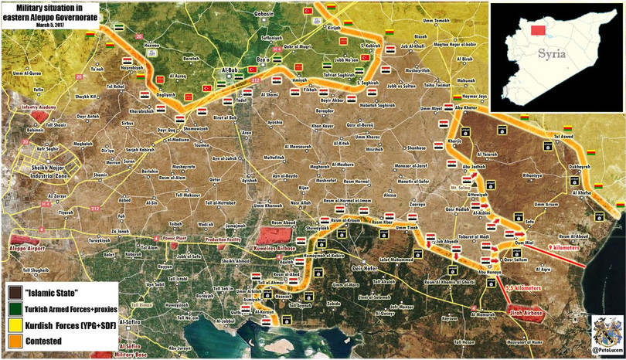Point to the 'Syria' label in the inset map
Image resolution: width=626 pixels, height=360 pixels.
pyautogui.click(x=552, y=53)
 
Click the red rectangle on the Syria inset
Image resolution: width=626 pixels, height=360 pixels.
pyautogui.click(x=539, y=30)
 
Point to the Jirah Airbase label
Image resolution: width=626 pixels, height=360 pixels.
pyautogui.click(x=526, y=313)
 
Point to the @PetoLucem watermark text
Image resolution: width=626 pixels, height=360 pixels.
pyautogui.click(x=606, y=351)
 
